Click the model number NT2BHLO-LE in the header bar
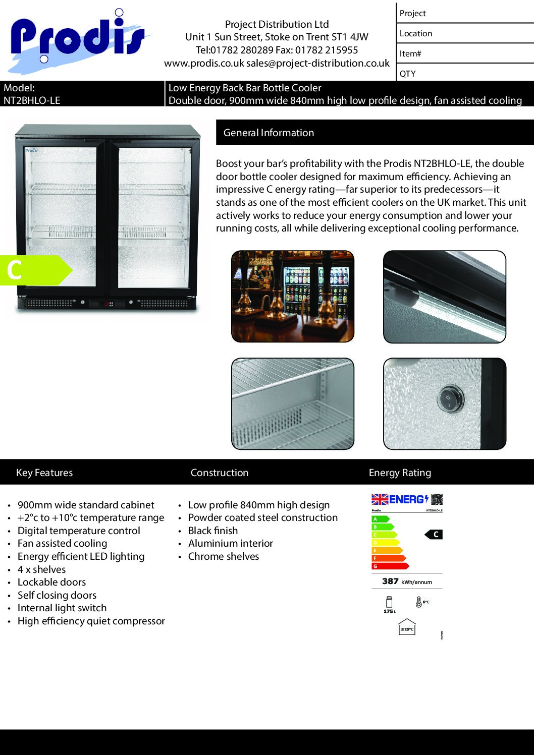(32, 100)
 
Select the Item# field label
(410, 53)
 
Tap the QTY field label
(408, 74)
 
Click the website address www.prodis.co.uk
(204, 64)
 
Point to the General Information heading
(269, 133)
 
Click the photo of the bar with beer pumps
(293, 297)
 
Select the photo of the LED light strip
(445, 297)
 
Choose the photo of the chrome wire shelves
(293, 403)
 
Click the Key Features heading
(44, 473)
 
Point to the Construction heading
(220, 473)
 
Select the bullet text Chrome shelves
(224, 556)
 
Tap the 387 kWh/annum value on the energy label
(407, 582)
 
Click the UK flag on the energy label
(380, 499)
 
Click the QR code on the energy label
(437, 499)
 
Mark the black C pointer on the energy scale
(434, 535)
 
